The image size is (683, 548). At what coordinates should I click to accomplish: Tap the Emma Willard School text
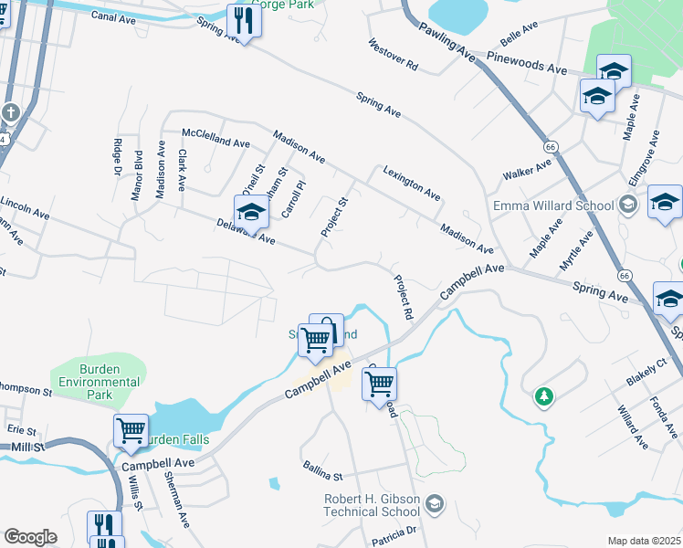click(x=553, y=205)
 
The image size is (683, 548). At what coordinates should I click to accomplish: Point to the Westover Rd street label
click(x=393, y=56)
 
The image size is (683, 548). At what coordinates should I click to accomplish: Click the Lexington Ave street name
click(x=412, y=184)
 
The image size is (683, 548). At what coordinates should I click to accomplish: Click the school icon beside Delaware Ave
click(x=251, y=212)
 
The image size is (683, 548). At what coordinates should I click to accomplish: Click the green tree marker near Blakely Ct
click(x=543, y=396)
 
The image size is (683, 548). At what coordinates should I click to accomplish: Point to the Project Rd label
click(x=403, y=298)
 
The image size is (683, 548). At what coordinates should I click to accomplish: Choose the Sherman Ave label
click(x=176, y=499)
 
